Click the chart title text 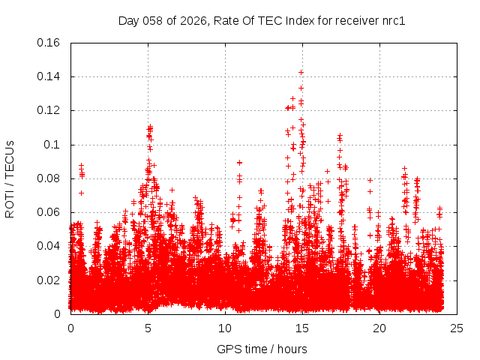point(262,20)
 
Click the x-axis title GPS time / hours point(262,349)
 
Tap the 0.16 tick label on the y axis point(49,43)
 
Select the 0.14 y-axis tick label point(49,76)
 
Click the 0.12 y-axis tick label point(49,110)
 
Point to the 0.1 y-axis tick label point(52,145)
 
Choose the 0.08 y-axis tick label point(49,178)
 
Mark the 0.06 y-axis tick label point(49,212)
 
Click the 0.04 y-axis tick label point(49,246)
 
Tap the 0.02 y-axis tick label point(49,280)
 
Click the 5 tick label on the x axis point(148,328)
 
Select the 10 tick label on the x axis point(225,328)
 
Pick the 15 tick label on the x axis point(302,328)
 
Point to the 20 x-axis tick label point(379,328)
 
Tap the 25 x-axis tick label point(457,328)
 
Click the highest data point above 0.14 point(301,72)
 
